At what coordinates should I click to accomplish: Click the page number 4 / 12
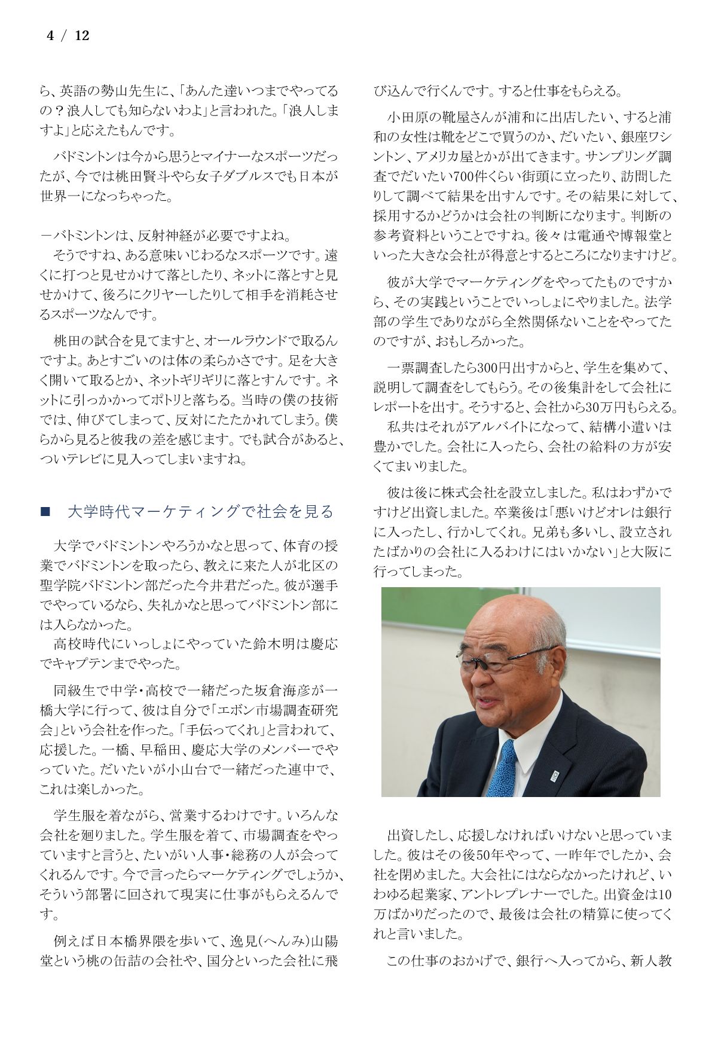pos(68,36)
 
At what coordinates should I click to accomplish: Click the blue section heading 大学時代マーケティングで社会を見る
pos(200,512)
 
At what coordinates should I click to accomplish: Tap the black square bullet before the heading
pos(45,512)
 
